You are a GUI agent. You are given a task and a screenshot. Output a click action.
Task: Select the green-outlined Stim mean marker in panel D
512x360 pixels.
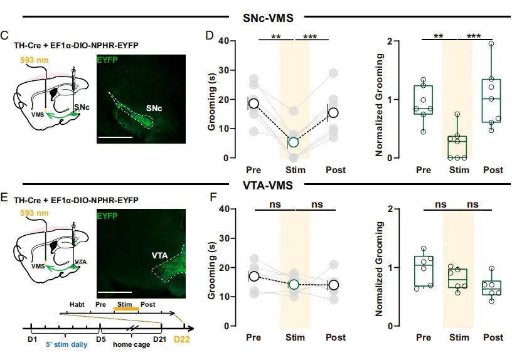point(293,142)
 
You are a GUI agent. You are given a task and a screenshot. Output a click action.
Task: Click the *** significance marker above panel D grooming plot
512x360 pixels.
point(310,37)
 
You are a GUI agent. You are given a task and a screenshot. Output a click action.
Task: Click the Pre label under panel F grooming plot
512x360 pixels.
point(253,337)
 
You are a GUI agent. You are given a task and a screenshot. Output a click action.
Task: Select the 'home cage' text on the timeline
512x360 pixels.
point(131,344)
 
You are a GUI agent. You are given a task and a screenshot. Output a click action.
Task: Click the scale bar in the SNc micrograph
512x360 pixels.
point(115,135)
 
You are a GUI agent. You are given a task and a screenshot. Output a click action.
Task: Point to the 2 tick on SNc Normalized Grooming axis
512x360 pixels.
point(390,41)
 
